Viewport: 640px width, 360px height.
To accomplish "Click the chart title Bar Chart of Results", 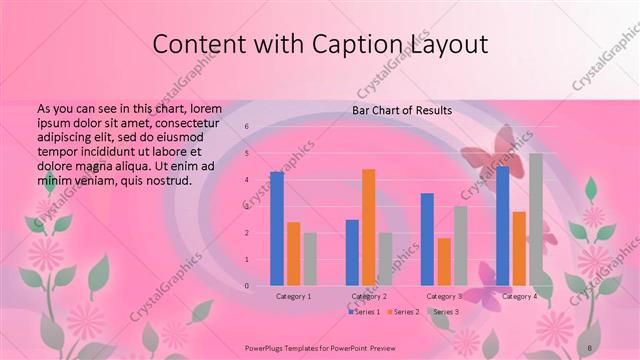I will (401, 110).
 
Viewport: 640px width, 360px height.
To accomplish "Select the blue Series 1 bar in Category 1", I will (277, 228).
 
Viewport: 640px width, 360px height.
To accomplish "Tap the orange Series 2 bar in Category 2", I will (368, 227).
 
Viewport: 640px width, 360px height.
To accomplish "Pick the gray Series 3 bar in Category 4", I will (536, 219).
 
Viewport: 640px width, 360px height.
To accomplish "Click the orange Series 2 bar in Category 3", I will (444, 261).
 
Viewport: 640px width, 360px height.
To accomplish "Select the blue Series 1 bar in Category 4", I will (502, 225).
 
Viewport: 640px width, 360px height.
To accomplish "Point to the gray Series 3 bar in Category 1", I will (310, 259).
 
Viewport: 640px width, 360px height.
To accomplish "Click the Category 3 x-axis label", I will (443, 297).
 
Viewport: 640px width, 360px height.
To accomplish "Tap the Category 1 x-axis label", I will (293, 297).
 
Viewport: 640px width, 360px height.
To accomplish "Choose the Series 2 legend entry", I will (404, 312).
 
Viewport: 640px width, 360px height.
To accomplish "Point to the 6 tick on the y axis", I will (246, 128).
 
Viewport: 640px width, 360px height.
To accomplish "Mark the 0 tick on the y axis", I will (246, 286).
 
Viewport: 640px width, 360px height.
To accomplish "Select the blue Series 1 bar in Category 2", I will (352, 252).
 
